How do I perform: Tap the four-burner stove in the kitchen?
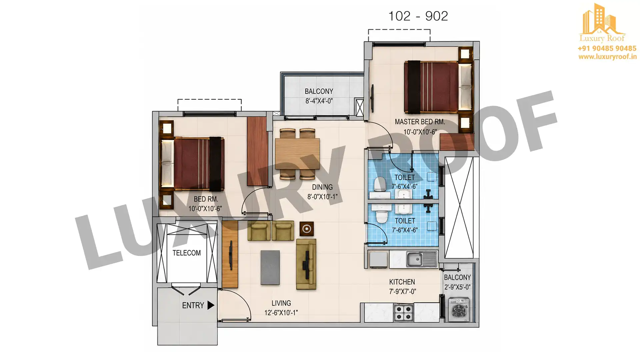click(x=404, y=313)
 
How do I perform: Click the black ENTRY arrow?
click(x=211, y=305)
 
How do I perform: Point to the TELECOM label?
click(x=187, y=253)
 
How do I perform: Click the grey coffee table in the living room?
click(x=270, y=268)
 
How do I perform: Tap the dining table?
click(x=297, y=154)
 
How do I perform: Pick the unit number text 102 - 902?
click(x=418, y=16)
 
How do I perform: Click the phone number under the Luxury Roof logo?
click(x=607, y=48)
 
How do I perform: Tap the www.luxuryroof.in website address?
click(x=607, y=57)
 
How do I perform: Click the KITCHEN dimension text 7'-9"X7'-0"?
click(x=402, y=292)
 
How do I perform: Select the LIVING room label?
click(x=281, y=303)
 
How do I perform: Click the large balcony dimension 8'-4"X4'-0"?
click(x=319, y=101)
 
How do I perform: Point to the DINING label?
click(x=322, y=187)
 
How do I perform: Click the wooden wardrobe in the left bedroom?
click(x=257, y=151)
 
